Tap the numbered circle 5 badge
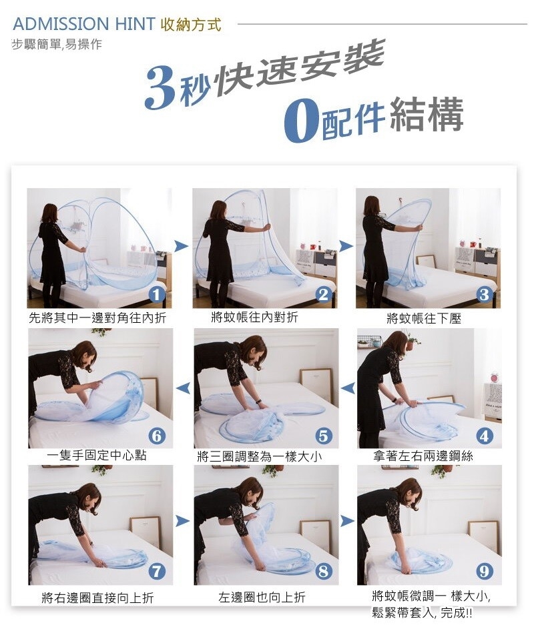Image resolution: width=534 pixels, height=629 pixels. [324, 436]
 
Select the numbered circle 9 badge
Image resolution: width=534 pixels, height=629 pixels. [485, 571]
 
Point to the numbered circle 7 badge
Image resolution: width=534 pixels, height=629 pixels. [157, 571]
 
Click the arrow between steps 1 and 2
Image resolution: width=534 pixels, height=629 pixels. [182, 245]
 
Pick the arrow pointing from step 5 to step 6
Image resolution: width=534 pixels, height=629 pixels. [183, 388]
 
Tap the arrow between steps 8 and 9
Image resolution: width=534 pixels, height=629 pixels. [348, 521]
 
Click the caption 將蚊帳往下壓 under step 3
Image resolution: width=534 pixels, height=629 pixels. [424, 319]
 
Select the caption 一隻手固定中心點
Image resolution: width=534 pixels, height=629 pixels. [97, 456]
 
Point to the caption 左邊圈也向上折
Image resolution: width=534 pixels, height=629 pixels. [262, 597]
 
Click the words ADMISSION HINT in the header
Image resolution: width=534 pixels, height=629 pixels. [84, 24]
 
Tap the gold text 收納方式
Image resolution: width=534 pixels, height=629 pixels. [191, 25]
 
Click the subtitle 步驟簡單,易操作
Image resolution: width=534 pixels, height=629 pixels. [57, 44]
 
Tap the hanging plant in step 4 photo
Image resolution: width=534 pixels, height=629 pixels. [412, 342]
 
